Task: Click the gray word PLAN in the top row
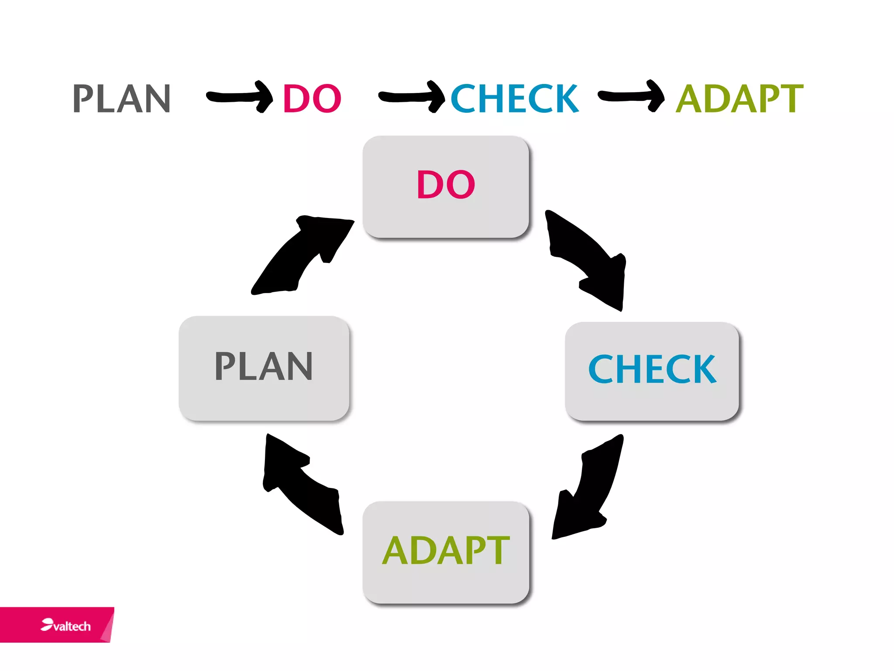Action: click(x=121, y=99)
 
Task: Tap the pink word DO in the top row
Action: click(x=312, y=99)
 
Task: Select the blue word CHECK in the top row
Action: click(x=514, y=99)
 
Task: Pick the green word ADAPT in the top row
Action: click(x=739, y=99)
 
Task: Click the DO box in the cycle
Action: click(x=446, y=187)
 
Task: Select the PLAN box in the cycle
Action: click(x=264, y=368)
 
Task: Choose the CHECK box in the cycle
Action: click(x=652, y=371)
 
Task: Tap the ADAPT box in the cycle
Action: click(x=446, y=552)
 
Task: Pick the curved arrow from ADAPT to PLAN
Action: click(x=301, y=485)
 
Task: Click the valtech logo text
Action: click(x=72, y=626)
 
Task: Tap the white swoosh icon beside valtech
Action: click(x=47, y=624)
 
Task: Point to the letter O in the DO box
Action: click(x=461, y=185)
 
